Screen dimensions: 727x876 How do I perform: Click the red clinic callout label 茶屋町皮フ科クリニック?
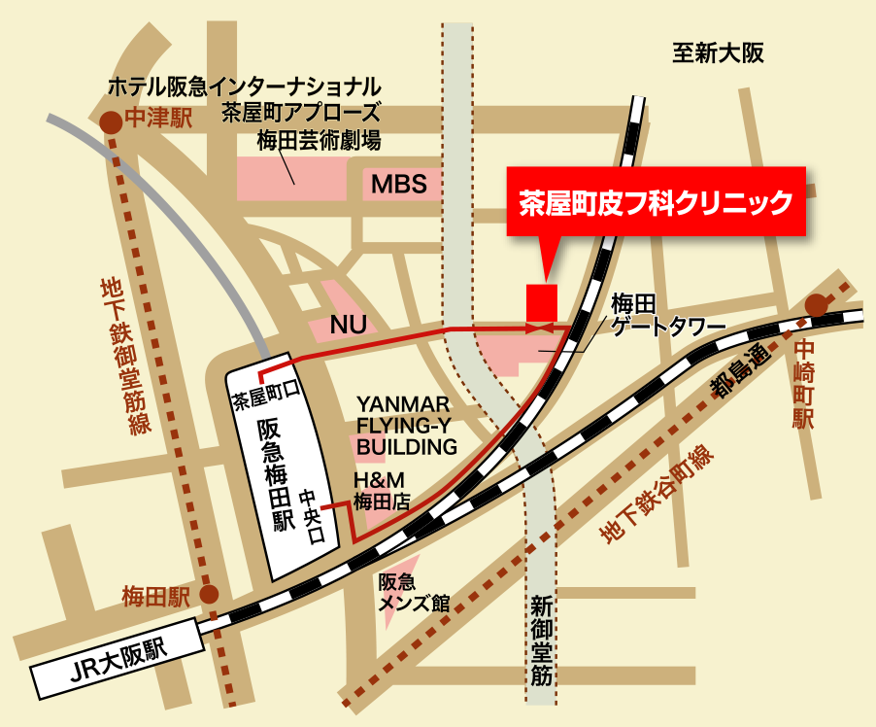pyautogui.click(x=656, y=202)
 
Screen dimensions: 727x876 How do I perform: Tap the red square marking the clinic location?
pyautogui.click(x=541, y=300)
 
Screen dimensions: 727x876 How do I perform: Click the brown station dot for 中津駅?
pyautogui.click(x=112, y=121)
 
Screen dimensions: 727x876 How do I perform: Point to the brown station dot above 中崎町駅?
pyautogui.click(x=817, y=305)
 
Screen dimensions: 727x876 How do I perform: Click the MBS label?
pyautogui.click(x=399, y=184)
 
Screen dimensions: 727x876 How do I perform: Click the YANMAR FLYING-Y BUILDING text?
pyautogui.click(x=406, y=425)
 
